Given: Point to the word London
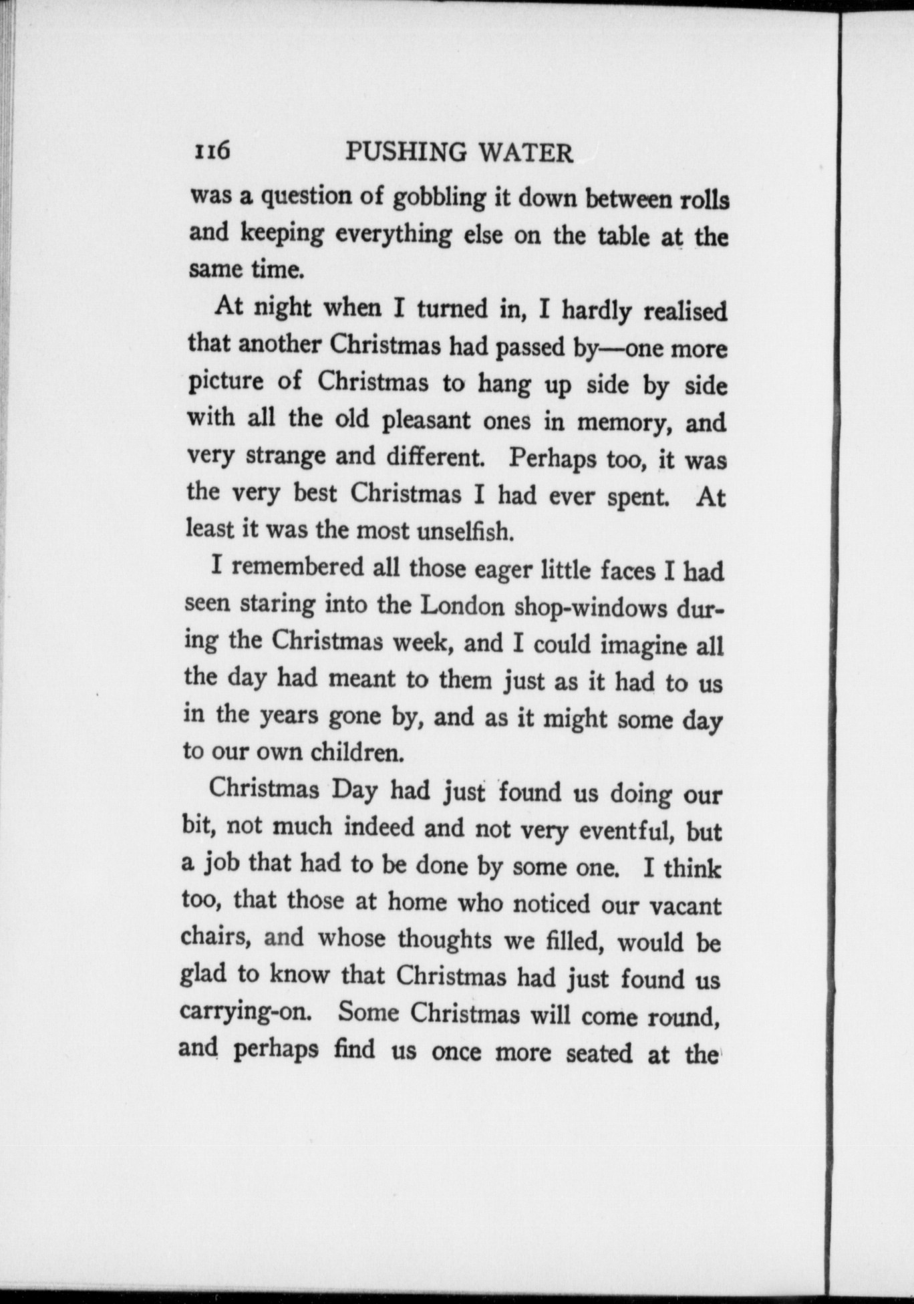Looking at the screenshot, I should pos(462,605).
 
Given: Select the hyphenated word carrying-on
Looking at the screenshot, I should pos(246,1012).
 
